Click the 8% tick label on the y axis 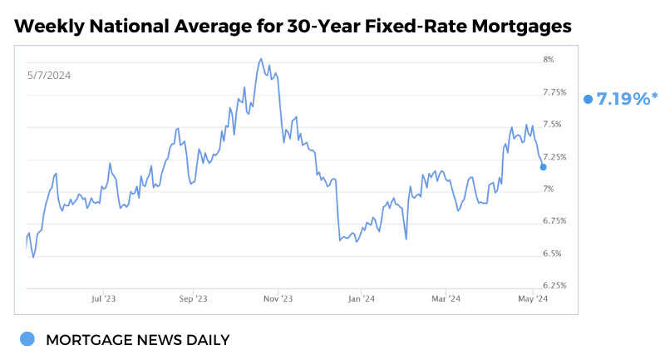coord(549,60)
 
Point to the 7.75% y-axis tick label coord(554,92)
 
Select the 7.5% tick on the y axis coord(552,125)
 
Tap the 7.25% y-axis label coord(554,157)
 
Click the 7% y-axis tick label coord(549,190)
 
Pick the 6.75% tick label coord(554,221)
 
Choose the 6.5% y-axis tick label coord(552,254)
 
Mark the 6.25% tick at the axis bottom coord(554,285)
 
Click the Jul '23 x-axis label coord(103,298)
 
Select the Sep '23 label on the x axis coord(193,298)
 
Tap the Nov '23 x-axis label coord(278,298)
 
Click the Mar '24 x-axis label coord(446,298)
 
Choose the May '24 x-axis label coord(532,298)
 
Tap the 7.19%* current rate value coord(626,99)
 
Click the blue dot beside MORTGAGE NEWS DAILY coord(27,339)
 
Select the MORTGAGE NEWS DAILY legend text coord(137,340)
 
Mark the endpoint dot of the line coord(544,167)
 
